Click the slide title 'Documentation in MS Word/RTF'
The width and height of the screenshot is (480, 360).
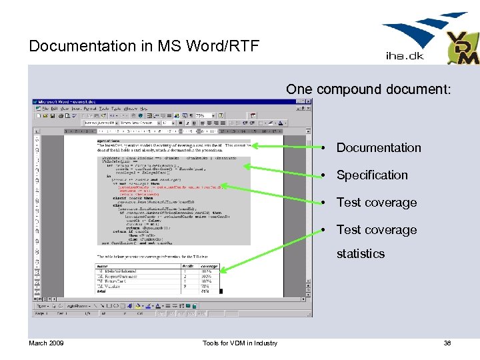point(144,46)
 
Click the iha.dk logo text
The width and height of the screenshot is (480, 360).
point(405,55)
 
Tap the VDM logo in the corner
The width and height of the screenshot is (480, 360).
point(461,48)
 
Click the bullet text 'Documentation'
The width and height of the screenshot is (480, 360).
point(379,148)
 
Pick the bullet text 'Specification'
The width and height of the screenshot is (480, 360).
point(372,175)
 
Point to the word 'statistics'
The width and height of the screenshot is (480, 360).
point(361,254)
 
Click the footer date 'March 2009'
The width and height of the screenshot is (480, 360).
point(46,343)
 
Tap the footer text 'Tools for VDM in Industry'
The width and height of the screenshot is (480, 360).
point(241,343)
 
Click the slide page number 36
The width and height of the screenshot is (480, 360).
point(447,343)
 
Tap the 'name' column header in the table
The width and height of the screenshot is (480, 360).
point(104,266)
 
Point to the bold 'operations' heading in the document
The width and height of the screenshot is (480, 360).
point(108,141)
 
